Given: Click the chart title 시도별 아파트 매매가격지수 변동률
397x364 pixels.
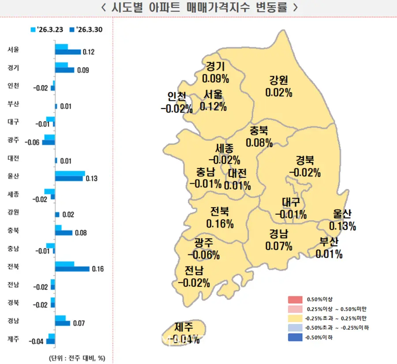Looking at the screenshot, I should pos(198,8).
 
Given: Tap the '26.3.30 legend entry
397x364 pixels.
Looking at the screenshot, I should pos(88,30).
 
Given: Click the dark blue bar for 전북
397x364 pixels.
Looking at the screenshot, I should pos(72,269).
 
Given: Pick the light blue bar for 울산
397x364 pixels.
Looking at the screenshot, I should pos(70,173).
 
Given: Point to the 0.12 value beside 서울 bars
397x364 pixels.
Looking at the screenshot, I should pos(89,52).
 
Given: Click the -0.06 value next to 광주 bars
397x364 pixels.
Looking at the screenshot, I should pos(34,143).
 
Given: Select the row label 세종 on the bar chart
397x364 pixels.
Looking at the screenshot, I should pos(13,193).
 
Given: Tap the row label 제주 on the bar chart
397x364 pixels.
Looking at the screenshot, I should pos(13,338).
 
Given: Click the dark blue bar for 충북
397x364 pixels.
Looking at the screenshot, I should pos(64,233).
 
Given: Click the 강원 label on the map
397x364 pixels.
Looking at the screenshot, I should pos(279,80).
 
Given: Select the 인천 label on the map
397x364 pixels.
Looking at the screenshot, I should pos(177,96).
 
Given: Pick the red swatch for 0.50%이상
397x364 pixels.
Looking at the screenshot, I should pos(296,300).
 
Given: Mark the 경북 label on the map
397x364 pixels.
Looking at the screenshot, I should pos(305,160).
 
